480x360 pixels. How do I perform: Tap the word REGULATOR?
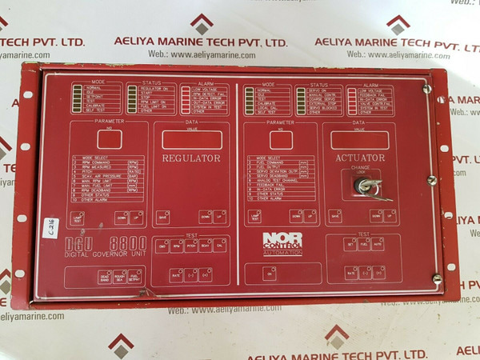191,158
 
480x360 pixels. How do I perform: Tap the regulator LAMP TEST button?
78,217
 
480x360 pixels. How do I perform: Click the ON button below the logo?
270,274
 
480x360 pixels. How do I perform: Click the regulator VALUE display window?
191,138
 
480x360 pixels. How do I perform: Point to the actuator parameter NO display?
280,139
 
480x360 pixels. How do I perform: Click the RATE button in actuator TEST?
349,273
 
